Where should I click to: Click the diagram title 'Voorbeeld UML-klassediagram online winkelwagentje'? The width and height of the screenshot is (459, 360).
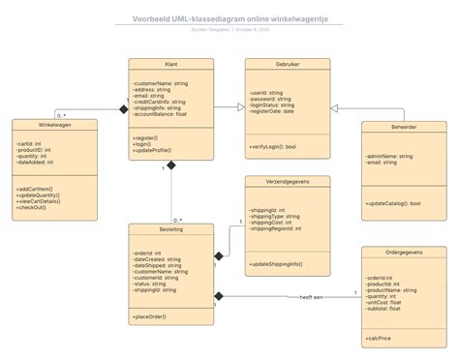pos(229,18)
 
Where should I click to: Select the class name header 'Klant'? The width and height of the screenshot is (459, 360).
pos(171,64)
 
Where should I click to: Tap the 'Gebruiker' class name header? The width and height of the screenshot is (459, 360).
pos(288,64)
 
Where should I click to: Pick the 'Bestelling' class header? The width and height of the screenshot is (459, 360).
pos(171,229)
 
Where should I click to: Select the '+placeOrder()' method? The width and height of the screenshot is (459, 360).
pos(150,316)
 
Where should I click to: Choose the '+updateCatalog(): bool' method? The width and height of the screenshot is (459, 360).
pos(393,203)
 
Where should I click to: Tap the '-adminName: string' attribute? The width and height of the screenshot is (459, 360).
pos(389,155)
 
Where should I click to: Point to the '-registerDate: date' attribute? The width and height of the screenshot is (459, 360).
pos(272,111)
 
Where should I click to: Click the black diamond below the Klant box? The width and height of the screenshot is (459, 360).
pos(171,165)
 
